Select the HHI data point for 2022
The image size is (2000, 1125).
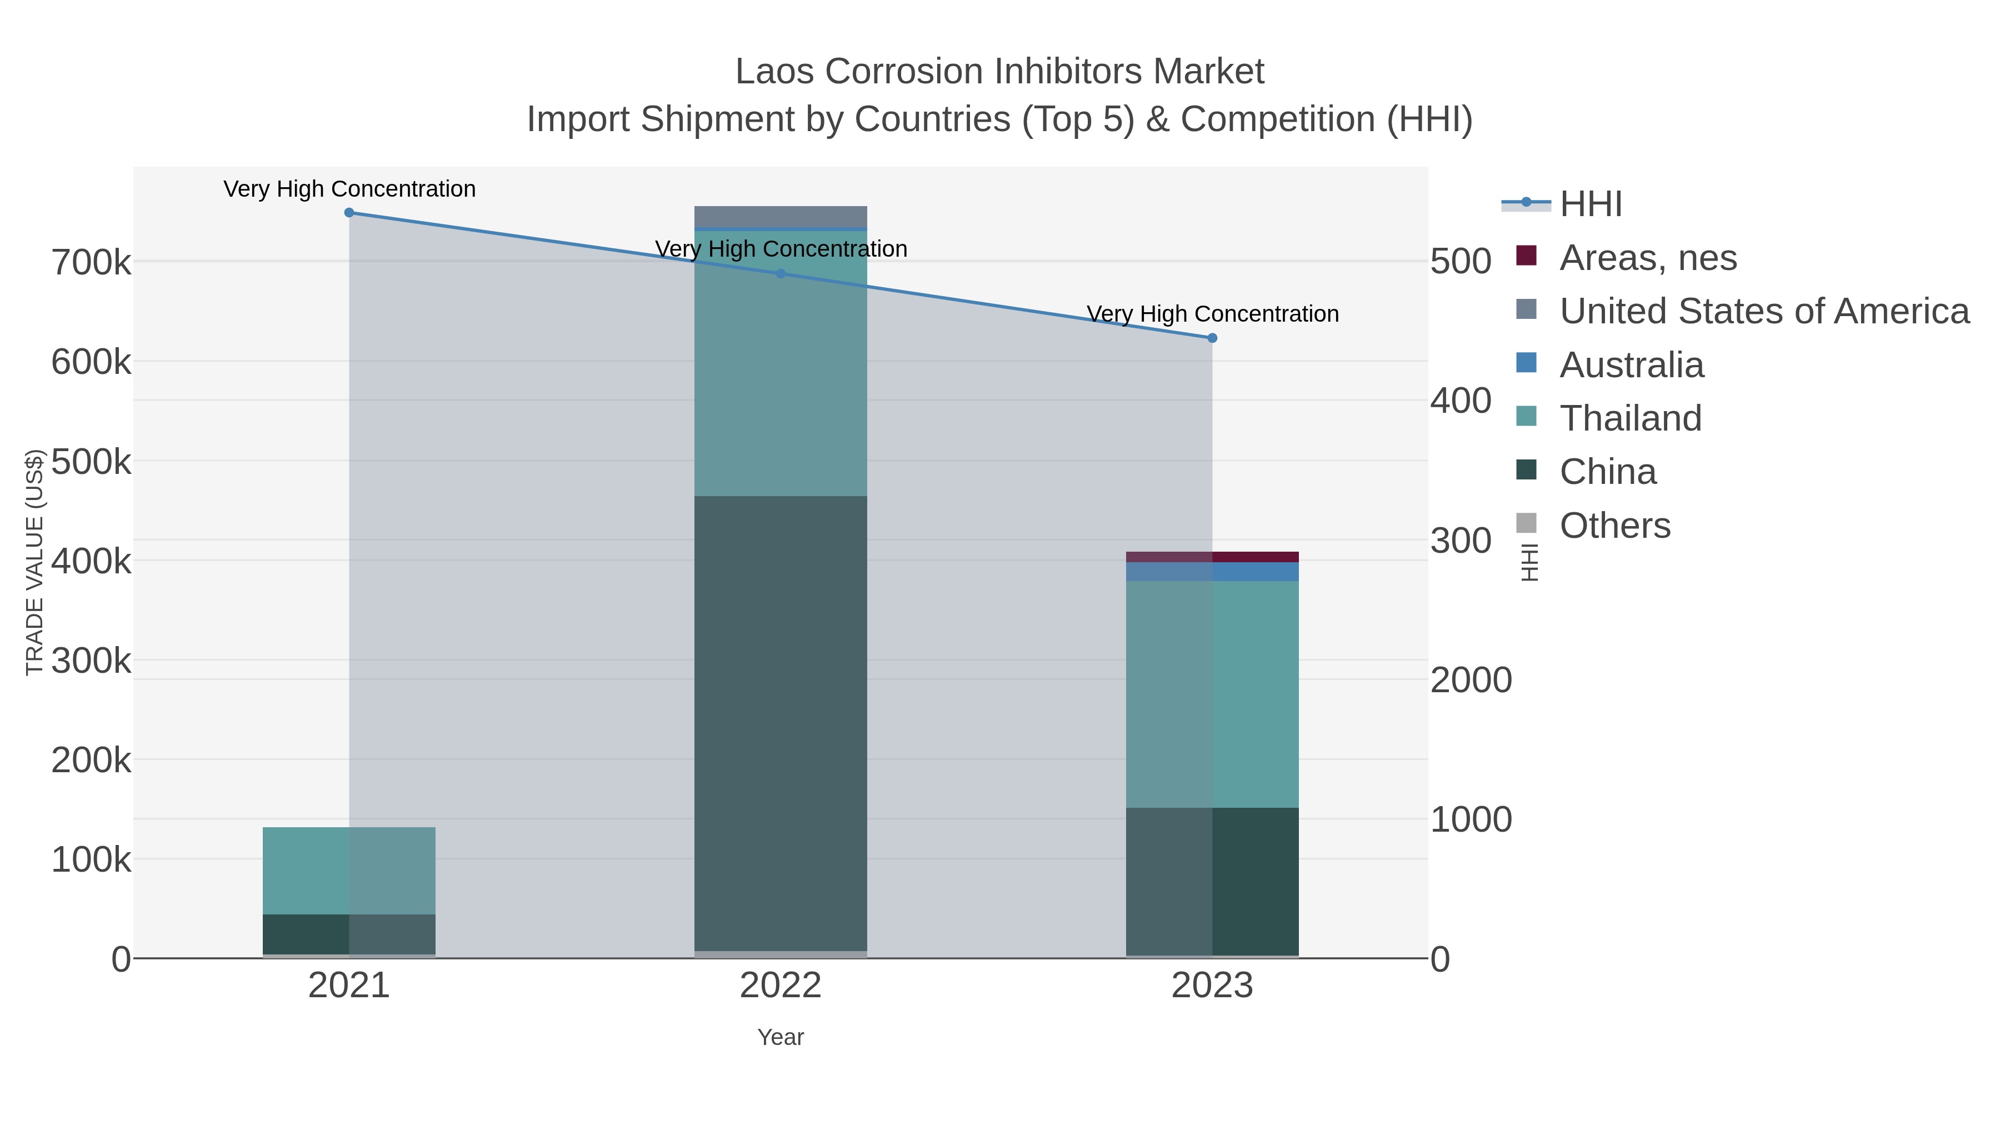click(x=781, y=274)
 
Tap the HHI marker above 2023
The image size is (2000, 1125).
click(x=1213, y=338)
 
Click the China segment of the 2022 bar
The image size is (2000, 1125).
click(x=781, y=722)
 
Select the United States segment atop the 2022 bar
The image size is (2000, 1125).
click(x=781, y=216)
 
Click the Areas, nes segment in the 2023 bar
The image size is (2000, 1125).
click(x=1212, y=557)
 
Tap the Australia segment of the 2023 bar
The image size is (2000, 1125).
click(x=1212, y=572)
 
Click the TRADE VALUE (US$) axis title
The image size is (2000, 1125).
click(x=35, y=562)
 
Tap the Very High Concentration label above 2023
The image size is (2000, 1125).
click(x=1213, y=314)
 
